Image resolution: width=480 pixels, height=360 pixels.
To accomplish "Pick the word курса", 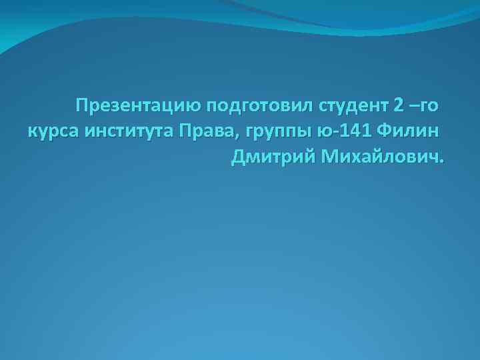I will pos(54,132).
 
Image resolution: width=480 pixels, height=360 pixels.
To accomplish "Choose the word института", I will pos(129,132).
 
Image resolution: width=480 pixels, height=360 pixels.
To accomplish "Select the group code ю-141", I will pos(346,131).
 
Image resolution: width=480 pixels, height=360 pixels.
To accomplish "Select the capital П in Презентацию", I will pos(82,106).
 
